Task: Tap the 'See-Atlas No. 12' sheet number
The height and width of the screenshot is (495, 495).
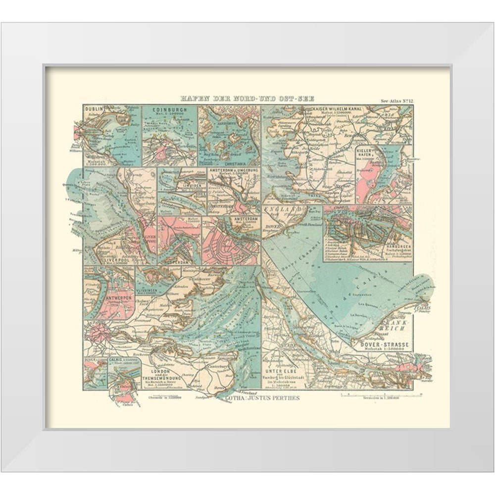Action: pyautogui.click(x=396, y=101)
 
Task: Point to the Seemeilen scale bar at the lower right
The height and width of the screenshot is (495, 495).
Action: pyautogui.click(x=381, y=395)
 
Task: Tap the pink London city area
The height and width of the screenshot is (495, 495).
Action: pyautogui.click(x=100, y=331)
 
